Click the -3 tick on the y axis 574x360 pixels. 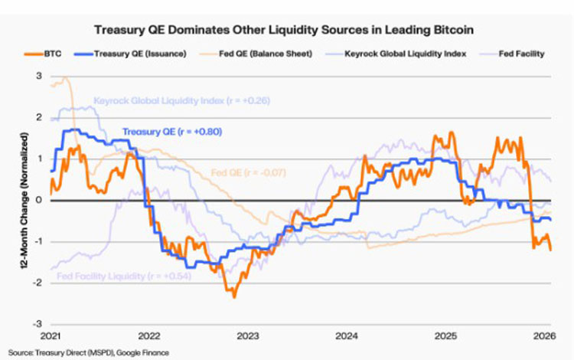click(37, 324)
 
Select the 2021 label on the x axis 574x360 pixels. click(50, 335)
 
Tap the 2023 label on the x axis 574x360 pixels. click(248, 335)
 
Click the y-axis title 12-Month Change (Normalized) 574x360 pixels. click(15, 201)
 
